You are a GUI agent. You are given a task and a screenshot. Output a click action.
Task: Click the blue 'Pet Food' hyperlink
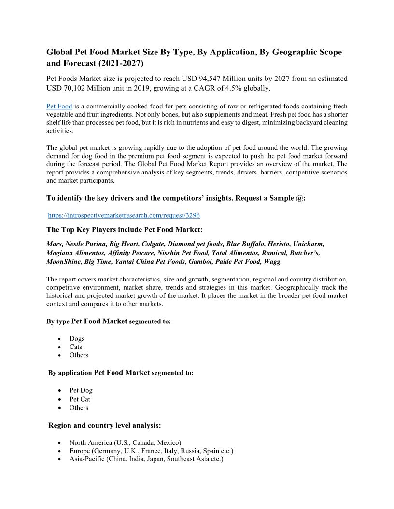(59, 106)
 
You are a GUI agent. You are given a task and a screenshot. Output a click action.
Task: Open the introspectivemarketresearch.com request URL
(124, 215)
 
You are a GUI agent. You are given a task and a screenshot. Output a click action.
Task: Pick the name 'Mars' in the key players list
(54, 244)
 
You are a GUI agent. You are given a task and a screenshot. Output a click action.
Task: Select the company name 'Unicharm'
(309, 244)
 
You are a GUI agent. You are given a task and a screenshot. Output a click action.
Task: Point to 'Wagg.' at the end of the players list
(273, 261)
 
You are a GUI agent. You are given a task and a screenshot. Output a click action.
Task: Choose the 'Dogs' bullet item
(77, 338)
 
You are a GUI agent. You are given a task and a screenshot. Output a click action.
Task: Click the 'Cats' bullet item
(76, 347)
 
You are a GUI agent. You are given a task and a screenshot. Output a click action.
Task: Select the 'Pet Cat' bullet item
(80, 399)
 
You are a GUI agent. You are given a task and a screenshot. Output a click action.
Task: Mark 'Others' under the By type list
(79, 355)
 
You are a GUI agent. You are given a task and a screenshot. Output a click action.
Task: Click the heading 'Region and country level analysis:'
(105, 426)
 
